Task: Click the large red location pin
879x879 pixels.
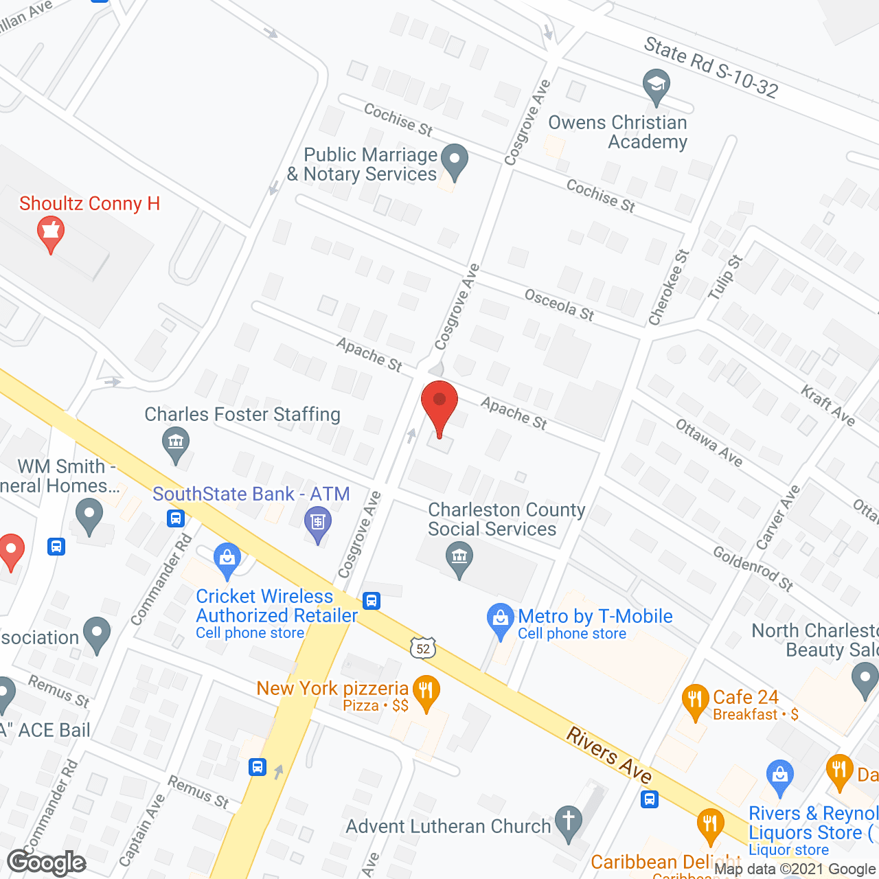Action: pos(439,406)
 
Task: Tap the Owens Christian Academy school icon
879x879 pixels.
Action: pos(657,87)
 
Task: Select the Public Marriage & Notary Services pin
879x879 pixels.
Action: pos(454,162)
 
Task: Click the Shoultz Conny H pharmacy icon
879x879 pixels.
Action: pos(51,233)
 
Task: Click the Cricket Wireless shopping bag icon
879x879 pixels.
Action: pos(227,560)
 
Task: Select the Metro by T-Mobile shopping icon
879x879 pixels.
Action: pos(501,620)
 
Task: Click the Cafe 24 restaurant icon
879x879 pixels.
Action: pos(696,701)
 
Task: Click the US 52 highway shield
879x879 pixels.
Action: pos(423,648)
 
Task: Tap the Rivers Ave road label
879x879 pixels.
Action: pos(609,755)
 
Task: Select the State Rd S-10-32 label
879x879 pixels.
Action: pos(711,67)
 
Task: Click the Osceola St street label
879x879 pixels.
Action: pos(559,305)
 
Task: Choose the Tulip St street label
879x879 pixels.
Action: pos(725,277)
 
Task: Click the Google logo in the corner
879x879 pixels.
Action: pos(47,863)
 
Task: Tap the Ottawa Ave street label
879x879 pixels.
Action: pos(709,443)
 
